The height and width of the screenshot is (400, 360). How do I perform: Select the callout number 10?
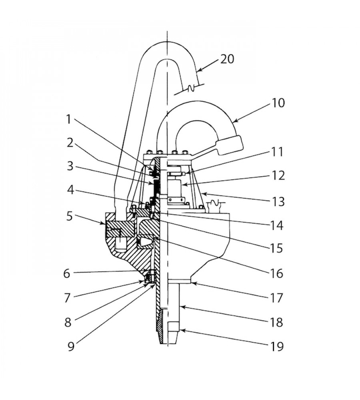tap(277, 103)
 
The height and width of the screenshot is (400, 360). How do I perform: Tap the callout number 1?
tap(70, 118)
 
